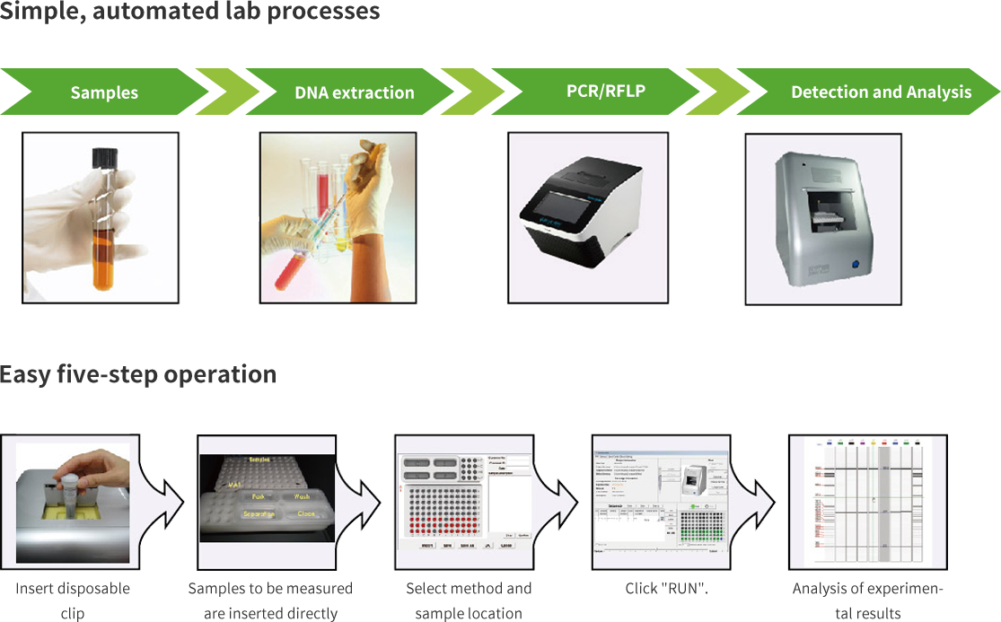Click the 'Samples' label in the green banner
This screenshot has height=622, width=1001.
point(104,92)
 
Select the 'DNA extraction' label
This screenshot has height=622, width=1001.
point(355,92)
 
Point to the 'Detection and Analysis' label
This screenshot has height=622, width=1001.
point(881,92)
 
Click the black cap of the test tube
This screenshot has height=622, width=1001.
point(106,157)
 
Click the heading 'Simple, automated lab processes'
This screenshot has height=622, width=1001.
point(190,13)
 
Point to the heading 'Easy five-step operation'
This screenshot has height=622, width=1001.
point(137,374)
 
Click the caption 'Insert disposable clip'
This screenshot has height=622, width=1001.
point(72,600)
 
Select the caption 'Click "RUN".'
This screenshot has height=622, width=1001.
point(666,589)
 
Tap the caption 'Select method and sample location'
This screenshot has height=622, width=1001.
point(469,600)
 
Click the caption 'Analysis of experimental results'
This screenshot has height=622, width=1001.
point(867,600)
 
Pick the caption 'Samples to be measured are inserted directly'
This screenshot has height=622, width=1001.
point(269,600)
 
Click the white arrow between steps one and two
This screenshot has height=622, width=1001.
point(170,502)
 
